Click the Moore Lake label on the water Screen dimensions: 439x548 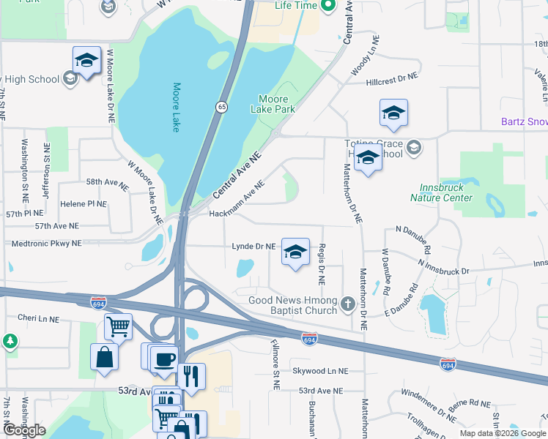[x=177, y=108]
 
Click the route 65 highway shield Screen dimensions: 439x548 [x=221, y=107]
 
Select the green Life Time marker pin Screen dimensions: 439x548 [x=328, y=6]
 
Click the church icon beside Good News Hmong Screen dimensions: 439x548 [x=348, y=303]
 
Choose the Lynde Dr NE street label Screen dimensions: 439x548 [x=253, y=247]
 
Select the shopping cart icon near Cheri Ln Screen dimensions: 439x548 [x=118, y=326]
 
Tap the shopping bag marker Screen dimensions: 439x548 [x=104, y=357]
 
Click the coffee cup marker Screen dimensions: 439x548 [x=163, y=358]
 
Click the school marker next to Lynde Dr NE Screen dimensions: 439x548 [x=295, y=252]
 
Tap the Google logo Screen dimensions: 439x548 [x=24, y=430]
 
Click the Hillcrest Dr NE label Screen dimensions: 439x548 [x=392, y=75]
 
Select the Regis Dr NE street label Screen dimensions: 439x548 [x=322, y=264]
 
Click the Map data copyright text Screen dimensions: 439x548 [x=502, y=433]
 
